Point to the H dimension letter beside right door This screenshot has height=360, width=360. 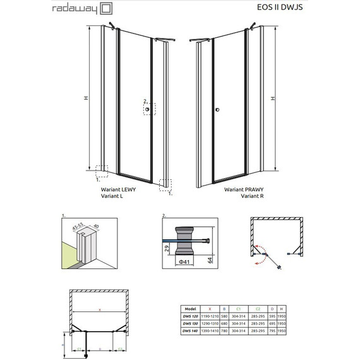point(273,99)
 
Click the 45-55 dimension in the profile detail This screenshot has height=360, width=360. point(80,224)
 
